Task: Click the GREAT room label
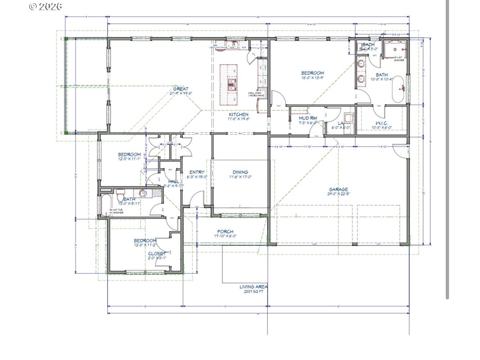point(181,89)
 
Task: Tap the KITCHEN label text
point(239,115)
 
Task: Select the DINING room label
point(240,172)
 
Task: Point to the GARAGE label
point(338,190)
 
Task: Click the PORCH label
point(225,232)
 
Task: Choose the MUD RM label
point(308,118)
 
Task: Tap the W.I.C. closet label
point(381,123)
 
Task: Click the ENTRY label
point(197,172)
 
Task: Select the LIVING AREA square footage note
point(254,289)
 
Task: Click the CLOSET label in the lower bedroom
point(157,254)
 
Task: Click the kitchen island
point(229,83)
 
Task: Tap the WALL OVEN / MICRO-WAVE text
point(256,94)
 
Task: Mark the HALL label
point(174,182)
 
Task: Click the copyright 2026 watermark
point(45,6)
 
